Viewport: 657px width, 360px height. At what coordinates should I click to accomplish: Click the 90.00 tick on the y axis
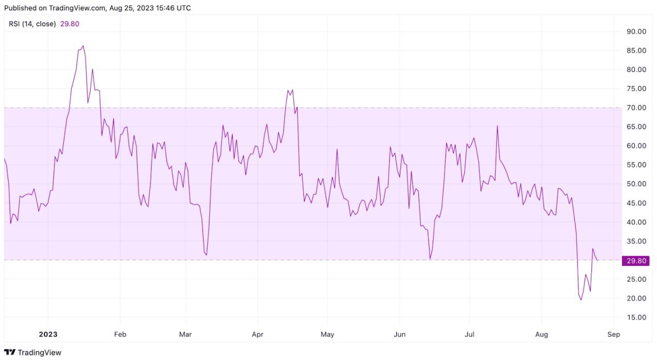[x=636, y=32]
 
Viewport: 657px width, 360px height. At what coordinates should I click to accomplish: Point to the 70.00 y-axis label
[x=636, y=108]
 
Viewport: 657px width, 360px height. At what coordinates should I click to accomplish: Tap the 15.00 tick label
[x=636, y=317]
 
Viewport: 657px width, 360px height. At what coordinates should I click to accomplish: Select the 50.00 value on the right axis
[x=636, y=184]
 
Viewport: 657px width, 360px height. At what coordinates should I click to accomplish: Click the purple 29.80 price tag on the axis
[x=635, y=261]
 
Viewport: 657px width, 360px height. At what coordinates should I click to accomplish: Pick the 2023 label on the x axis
[x=48, y=334]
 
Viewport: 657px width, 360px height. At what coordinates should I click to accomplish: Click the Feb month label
[x=120, y=334]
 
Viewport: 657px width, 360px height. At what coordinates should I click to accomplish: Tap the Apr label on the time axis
[x=258, y=334]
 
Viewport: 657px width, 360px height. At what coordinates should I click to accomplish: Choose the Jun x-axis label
[x=399, y=334]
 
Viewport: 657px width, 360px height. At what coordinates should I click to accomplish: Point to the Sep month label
[x=613, y=334]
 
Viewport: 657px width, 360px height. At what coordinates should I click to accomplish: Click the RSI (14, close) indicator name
[x=32, y=24]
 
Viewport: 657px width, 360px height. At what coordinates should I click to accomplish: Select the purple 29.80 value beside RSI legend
[x=70, y=24]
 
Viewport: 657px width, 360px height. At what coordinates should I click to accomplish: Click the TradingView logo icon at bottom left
[x=10, y=352]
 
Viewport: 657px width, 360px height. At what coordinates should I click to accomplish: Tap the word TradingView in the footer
[x=40, y=352]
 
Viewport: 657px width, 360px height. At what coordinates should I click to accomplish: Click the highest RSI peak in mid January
[x=83, y=46]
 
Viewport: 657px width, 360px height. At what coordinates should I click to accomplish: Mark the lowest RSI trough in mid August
[x=581, y=300]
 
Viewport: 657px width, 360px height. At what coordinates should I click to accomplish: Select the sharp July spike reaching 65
[x=497, y=126]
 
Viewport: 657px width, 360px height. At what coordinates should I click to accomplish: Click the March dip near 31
[x=206, y=255]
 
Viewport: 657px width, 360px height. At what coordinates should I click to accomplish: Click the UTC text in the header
[x=184, y=8]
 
